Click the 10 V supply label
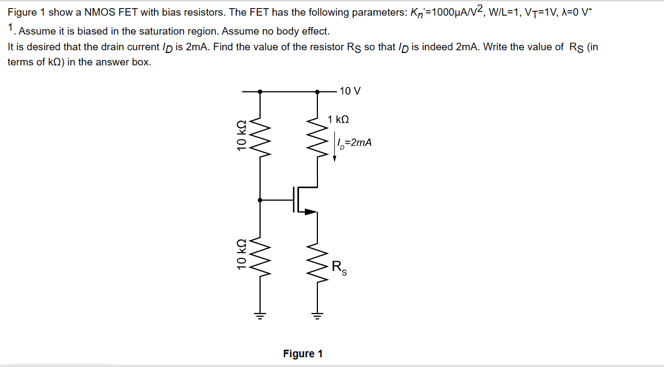coord(350,91)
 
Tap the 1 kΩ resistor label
coord(338,119)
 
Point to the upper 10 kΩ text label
coord(242,135)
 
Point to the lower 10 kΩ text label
coord(242,254)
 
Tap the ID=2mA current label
coord(354,143)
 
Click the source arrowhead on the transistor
coord(310,212)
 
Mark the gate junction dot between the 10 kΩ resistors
coord(261,200)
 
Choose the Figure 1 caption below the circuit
coord(303,353)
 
